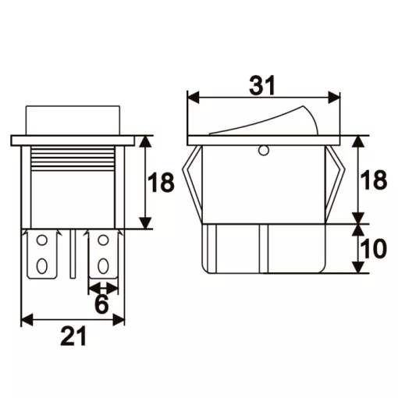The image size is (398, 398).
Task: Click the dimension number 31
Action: [262, 86]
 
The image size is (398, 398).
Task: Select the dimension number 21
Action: [73, 336]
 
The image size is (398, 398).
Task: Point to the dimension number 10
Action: [374, 249]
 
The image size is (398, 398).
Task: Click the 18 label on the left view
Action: [161, 183]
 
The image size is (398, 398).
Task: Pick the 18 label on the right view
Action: [374, 179]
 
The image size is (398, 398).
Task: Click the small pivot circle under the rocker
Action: [264, 151]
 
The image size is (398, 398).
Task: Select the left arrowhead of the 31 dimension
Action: [194, 98]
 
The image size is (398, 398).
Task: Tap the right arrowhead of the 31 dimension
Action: [334, 98]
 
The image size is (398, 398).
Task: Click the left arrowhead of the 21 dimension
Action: [27, 319]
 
